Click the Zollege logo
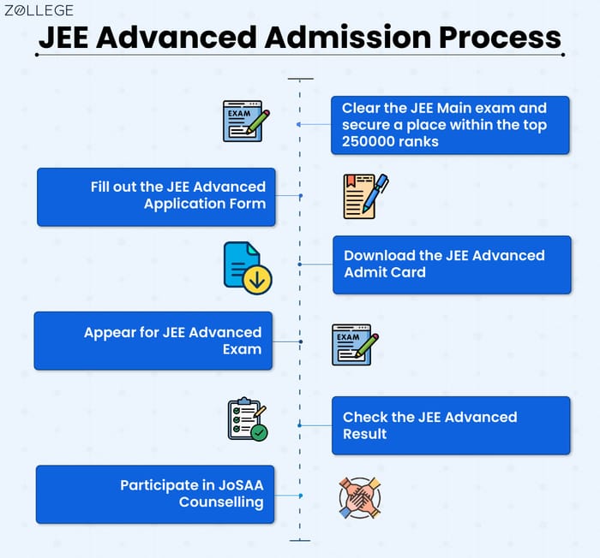pos(39,11)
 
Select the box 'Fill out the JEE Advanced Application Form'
pos(156,196)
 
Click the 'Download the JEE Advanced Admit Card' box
pos(452,264)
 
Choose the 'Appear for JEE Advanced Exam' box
pos(153,341)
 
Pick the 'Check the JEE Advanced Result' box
pos(451,425)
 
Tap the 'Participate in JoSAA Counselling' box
pos(155,494)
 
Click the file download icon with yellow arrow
pos(247,267)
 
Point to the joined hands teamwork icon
pos(359,497)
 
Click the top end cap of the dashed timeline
pos(300,79)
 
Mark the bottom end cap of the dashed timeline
pos(300,540)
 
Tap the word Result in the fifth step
pos(365,434)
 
